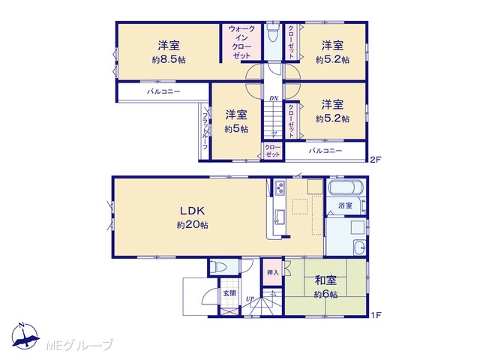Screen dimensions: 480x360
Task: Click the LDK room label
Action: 192,211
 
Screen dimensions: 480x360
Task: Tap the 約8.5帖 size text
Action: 169,60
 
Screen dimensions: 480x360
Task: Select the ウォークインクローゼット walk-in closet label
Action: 241,42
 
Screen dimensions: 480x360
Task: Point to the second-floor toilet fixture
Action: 272,35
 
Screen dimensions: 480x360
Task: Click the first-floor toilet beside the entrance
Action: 220,266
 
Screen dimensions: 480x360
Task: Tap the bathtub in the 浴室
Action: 345,188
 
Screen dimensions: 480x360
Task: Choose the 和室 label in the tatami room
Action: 325,280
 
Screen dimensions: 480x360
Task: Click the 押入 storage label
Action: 272,272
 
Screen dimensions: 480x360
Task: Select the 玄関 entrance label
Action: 229,293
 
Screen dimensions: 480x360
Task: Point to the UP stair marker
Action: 250,298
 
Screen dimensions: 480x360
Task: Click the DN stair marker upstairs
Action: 274,98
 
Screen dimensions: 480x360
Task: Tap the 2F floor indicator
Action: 375,160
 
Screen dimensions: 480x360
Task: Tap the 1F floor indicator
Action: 376,315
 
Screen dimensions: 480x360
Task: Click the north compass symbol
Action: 25,336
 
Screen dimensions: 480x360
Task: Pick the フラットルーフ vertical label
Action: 205,131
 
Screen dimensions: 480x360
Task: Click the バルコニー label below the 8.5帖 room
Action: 163,91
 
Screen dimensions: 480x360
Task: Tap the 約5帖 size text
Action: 236,129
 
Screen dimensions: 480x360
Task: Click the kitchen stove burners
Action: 280,187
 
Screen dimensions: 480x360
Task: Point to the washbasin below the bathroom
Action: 359,247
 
